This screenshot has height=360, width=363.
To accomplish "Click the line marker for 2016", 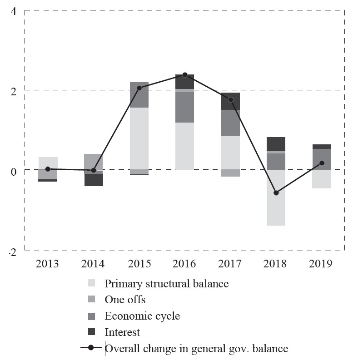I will [185, 74].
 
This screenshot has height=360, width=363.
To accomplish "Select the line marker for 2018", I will [276, 193].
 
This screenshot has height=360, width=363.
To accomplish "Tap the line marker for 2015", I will [139, 88].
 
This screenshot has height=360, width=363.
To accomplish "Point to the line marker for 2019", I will [322, 163].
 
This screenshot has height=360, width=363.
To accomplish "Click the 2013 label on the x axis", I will [48, 264].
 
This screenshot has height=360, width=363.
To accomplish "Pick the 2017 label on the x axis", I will [230, 264].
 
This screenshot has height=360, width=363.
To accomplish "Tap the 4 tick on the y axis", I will [14, 11].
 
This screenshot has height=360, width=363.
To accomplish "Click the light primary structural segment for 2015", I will [139, 138].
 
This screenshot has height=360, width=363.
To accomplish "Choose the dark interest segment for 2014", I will [94, 180].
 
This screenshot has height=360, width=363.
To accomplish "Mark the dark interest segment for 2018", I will [276, 144].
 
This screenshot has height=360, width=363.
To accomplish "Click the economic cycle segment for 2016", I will [185, 107].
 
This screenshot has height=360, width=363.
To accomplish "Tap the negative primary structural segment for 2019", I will [322, 179].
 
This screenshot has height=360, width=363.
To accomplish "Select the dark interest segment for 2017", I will [230, 101].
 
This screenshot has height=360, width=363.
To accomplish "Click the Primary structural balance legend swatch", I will [92, 284].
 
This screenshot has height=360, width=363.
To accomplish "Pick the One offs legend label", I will [125, 300].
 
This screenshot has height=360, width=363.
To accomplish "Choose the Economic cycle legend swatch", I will [92, 316].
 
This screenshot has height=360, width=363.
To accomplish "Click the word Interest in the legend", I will [122, 332].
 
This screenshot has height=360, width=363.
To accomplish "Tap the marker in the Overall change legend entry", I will [91, 348].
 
